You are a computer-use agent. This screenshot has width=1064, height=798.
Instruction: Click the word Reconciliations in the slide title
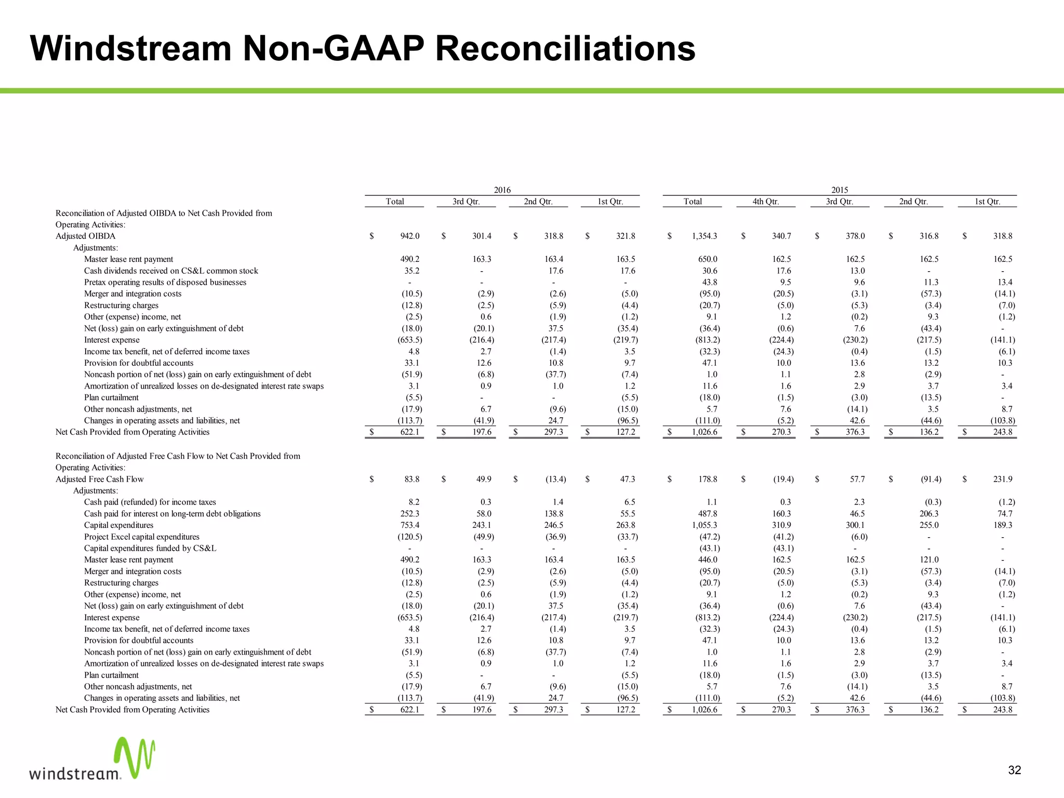click(565, 48)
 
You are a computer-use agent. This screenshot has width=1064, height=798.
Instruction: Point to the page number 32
click(1014, 770)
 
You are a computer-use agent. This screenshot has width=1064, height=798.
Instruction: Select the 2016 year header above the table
click(502, 190)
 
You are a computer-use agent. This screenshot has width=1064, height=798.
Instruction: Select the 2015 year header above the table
click(840, 190)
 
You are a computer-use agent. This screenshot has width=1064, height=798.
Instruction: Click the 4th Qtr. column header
click(765, 202)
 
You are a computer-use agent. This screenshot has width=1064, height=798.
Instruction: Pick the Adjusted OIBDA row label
click(86, 236)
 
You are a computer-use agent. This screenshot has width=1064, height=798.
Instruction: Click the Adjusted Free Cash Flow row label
click(100, 479)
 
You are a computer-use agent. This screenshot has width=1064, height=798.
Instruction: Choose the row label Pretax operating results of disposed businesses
click(165, 282)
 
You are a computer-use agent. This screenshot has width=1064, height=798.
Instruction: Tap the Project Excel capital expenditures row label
click(142, 537)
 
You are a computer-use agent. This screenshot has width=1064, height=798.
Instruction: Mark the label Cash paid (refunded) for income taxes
click(150, 502)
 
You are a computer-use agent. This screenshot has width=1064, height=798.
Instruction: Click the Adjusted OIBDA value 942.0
click(409, 236)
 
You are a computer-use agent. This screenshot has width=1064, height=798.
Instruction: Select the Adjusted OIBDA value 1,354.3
click(704, 236)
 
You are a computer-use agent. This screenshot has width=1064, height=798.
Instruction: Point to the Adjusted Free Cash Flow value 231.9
click(1002, 479)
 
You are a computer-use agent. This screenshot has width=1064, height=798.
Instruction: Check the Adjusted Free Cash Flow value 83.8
click(411, 479)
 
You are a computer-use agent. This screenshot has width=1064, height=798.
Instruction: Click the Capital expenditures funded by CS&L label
click(150, 548)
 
